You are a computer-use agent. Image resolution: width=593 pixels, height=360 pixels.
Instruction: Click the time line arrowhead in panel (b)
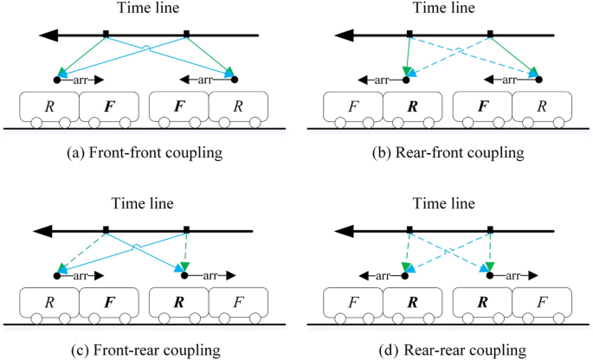click(347, 35)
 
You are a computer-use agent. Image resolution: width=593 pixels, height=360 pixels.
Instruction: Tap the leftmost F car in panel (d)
click(352, 305)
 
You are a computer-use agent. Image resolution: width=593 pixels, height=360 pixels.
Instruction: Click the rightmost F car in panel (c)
click(236, 305)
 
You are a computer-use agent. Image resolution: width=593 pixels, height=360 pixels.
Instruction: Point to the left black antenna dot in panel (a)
click(57, 80)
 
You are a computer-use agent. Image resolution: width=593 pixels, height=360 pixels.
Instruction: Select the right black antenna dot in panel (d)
click(490, 276)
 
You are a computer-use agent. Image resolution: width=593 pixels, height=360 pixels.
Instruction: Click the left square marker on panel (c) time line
click(106, 231)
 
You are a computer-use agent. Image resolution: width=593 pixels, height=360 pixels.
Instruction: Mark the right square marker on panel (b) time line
click(490, 35)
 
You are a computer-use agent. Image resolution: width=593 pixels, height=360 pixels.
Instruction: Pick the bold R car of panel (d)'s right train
click(482, 305)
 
